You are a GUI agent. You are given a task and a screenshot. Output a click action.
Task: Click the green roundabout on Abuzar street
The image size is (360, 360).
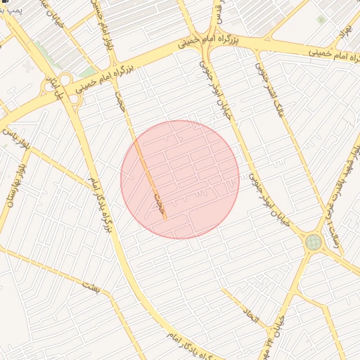[x=314, y=243]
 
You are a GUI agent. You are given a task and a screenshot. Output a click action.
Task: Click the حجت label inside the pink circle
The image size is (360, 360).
[x=160, y=203]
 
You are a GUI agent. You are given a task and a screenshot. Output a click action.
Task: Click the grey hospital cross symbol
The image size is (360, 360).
[x=27, y=66]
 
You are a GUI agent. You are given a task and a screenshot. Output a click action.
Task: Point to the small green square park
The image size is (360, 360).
[x=321, y=20]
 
